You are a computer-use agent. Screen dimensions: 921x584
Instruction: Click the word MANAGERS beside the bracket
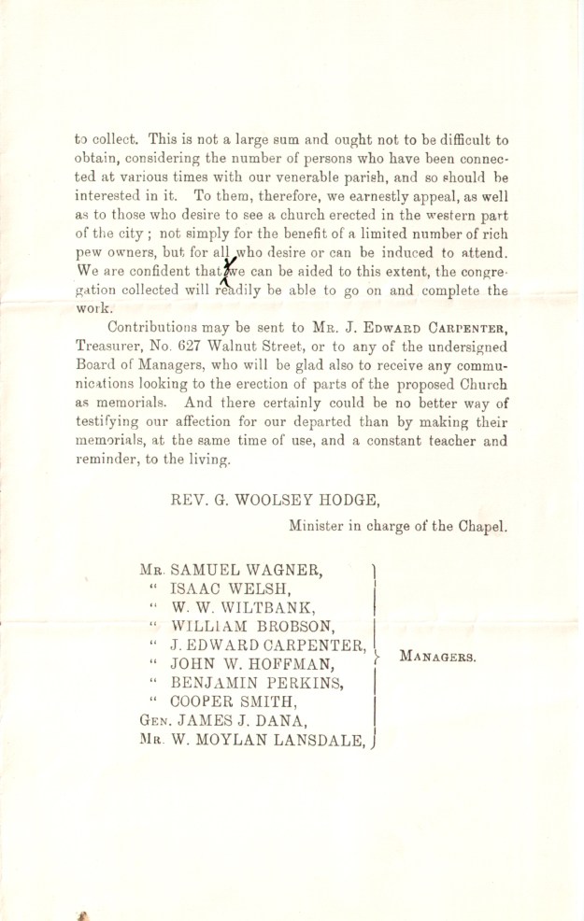(x=437, y=657)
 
